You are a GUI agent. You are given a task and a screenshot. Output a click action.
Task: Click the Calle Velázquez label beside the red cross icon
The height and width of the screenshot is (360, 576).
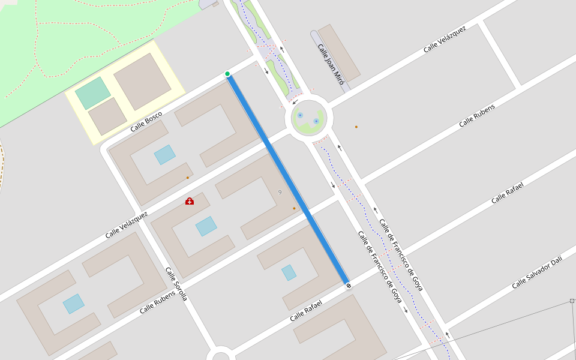(126, 225)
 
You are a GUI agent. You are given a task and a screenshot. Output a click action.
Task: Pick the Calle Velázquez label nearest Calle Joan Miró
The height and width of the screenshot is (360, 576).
(445, 40)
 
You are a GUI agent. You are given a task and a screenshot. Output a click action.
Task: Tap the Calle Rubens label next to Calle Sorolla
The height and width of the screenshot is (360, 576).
(158, 302)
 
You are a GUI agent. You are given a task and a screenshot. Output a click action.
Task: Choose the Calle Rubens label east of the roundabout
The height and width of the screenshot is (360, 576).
(477, 115)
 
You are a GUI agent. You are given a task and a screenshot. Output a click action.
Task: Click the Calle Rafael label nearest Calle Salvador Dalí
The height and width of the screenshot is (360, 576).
(508, 191)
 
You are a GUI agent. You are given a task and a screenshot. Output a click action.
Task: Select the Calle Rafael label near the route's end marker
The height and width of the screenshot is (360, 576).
(306, 310)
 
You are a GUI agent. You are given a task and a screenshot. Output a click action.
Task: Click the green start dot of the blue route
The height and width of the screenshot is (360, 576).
(227, 74)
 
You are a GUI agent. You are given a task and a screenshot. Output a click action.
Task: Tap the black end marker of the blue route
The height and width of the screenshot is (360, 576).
(348, 285)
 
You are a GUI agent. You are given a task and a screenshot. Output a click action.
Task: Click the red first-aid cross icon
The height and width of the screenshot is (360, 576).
(190, 202)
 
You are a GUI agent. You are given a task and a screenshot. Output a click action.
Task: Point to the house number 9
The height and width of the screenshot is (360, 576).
(280, 192)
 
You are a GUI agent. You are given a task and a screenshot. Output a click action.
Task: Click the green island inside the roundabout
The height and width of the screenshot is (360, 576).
(308, 120)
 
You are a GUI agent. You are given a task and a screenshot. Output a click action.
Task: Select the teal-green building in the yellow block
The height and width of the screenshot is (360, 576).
(93, 93)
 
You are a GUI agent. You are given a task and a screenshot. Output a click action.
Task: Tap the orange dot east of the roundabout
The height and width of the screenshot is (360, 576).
(356, 127)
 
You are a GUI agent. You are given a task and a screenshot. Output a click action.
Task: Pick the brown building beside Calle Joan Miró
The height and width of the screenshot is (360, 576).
(339, 53)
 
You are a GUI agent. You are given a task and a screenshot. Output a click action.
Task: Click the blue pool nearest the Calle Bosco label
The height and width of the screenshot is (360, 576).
(165, 154)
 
